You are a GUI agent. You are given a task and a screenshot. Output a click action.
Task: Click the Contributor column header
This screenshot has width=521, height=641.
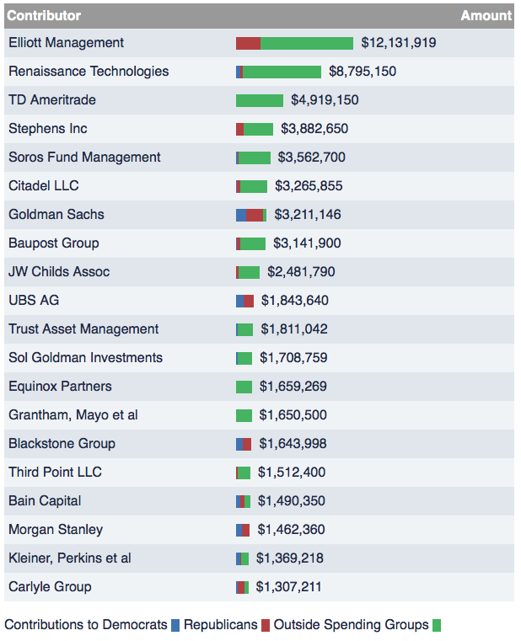tap(44, 15)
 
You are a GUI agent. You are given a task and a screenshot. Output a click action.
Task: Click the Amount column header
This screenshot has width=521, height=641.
tap(486, 15)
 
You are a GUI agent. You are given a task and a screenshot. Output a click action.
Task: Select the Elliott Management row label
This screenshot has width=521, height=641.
tap(66, 43)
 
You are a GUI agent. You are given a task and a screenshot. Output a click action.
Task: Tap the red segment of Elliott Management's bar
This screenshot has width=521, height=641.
tap(248, 43)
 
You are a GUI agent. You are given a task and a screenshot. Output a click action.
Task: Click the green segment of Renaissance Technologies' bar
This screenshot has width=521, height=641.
tap(282, 72)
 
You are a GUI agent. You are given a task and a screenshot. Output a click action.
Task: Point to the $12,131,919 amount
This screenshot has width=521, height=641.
tap(398, 43)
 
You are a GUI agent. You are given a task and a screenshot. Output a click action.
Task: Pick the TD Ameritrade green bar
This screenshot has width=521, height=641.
tap(260, 100)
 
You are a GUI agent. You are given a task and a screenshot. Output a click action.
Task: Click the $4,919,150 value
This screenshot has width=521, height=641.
tap(325, 100)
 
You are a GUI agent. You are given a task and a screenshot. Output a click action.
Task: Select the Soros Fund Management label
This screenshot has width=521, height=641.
tap(84, 158)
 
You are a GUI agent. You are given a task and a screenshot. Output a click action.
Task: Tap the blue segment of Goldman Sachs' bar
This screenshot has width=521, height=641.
tap(241, 215)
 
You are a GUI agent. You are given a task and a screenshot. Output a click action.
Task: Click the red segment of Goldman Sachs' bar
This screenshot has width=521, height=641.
tap(254, 215)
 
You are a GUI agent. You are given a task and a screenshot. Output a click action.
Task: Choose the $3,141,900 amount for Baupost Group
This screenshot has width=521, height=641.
tap(307, 243)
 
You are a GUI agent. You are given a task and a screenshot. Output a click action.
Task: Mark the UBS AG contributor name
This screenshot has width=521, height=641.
tap(34, 301)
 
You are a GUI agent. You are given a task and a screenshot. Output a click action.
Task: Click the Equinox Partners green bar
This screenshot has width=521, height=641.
tap(244, 387)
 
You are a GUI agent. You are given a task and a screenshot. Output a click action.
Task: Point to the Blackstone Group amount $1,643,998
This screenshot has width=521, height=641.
tap(293, 444)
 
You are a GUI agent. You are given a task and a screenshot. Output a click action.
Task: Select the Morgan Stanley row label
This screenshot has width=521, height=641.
tap(56, 530)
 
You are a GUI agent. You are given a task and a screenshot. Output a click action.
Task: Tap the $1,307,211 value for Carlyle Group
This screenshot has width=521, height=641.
tap(288, 587)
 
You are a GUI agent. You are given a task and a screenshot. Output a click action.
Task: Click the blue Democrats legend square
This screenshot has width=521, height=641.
tap(175, 625)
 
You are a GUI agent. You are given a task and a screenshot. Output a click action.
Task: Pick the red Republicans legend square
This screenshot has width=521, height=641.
tap(266, 625)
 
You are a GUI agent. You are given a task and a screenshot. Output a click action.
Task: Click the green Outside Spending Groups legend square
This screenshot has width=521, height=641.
tap(437, 625)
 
